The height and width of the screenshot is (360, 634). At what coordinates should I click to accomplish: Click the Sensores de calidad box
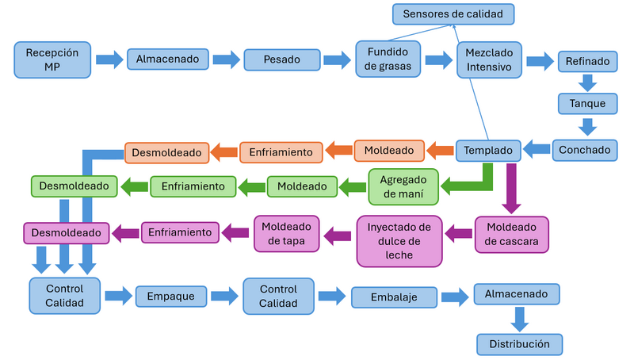tap(453, 14)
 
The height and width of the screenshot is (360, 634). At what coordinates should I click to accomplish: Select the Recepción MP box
tap(52, 59)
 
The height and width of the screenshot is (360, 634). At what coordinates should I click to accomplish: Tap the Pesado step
tap(281, 59)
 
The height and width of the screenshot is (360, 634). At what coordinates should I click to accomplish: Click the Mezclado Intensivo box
tap(489, 59)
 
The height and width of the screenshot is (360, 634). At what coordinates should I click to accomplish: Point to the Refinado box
tap(587, 60)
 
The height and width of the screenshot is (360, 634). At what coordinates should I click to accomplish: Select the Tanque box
tap(587, 103)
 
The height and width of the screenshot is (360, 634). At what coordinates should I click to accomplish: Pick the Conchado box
tap(587, 149)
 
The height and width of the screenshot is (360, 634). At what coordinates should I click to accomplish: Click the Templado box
tap(489, 149)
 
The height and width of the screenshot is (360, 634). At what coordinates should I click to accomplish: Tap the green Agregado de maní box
tap(403, 186)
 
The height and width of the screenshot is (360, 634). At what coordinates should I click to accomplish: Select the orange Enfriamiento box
tap(281, 151)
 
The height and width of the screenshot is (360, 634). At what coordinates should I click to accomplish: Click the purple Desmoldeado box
tap(67, 233)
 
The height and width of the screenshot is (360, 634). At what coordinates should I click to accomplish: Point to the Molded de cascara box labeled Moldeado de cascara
tap(511, 234)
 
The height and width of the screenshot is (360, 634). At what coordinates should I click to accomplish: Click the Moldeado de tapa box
tap(286, 233)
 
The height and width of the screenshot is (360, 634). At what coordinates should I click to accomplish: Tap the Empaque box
tap(171, 297)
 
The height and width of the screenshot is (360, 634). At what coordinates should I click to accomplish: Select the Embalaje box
tap(394, 297)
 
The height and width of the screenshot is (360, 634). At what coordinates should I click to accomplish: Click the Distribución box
tap(519, 344)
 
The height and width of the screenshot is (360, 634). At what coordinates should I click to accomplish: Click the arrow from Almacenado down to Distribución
tap(519, 318)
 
